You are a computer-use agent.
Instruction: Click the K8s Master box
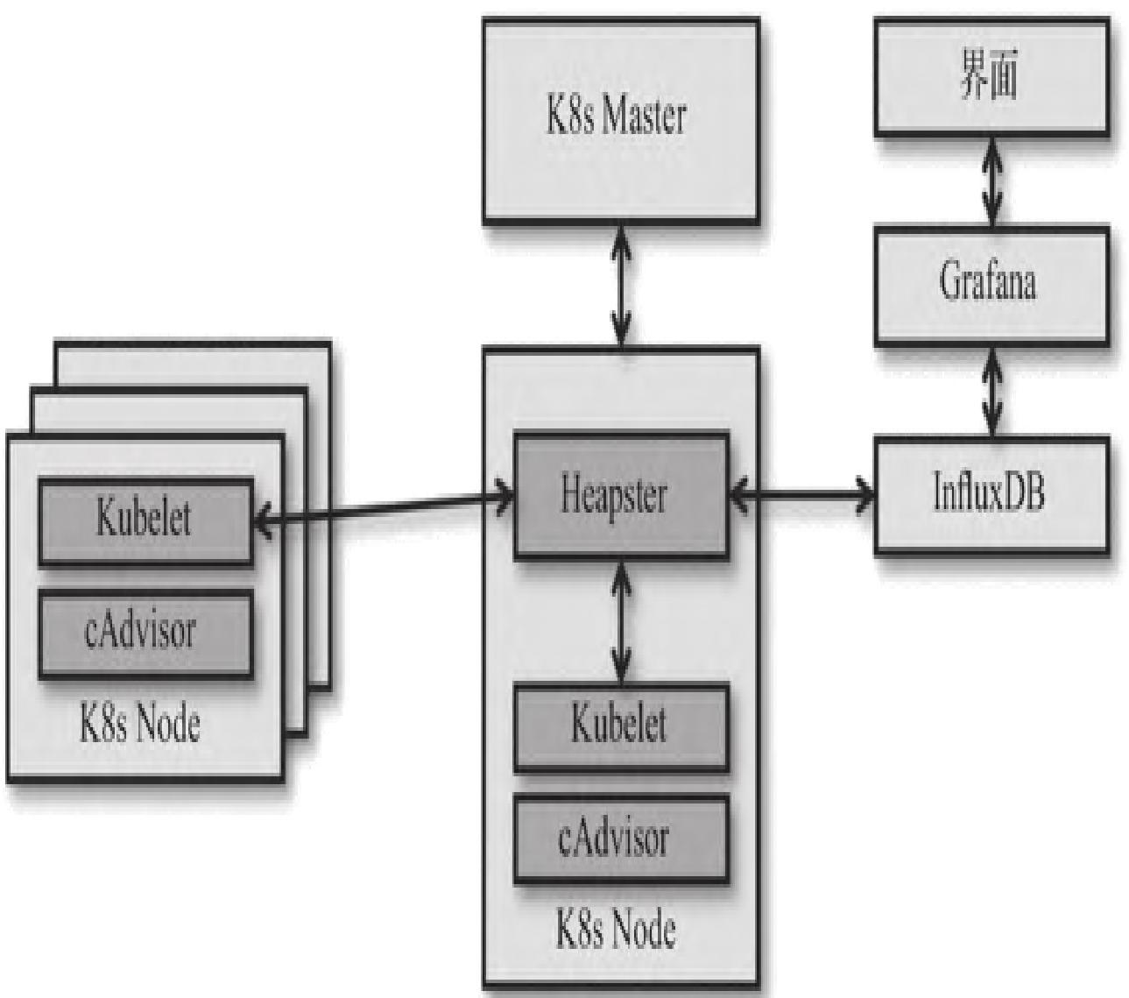point(620,118)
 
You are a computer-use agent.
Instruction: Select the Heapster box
point(620,495)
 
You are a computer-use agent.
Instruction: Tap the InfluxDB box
point(991,495)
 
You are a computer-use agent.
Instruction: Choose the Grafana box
point(991,284)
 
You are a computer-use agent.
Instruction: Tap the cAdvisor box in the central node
point(620,839)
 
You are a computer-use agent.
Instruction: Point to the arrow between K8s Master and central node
point(621,286)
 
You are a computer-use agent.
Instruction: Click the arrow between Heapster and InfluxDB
point(801,496)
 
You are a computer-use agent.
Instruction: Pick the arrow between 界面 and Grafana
point(991,181)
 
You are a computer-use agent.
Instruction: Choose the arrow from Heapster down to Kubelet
point(621,620)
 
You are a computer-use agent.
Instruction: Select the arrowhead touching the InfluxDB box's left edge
point(865,496)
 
